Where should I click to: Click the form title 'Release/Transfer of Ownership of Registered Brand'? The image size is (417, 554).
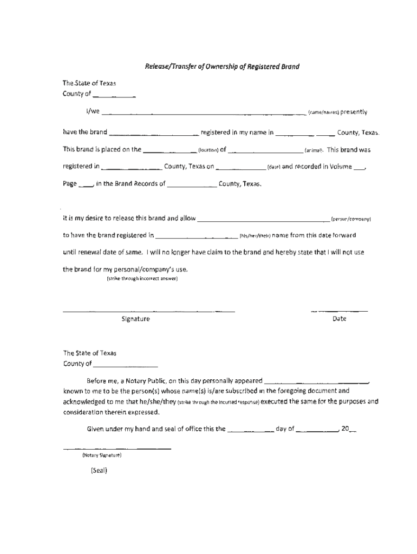click(x=221, y=67)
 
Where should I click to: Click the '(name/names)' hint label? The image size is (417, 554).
click(x=323, y=113)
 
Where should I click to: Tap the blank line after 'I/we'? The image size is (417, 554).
click(x=204, y=114)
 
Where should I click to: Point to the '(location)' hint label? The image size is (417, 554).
click(x=208, y=150)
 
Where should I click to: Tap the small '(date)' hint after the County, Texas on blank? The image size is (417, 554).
click(x=273, y=167)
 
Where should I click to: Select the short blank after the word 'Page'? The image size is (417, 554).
click(x=86, y=185)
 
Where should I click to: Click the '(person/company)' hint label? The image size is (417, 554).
click(x=350, y=220)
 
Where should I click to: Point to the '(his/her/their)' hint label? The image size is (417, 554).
click(x=255, y=236)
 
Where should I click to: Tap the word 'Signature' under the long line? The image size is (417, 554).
click(x=135, y=319)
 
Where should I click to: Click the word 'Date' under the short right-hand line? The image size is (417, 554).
click(x=340, y=319)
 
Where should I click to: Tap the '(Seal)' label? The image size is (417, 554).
click(x=100, y=470)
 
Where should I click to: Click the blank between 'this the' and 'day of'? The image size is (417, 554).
click(x=250, y=431)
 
